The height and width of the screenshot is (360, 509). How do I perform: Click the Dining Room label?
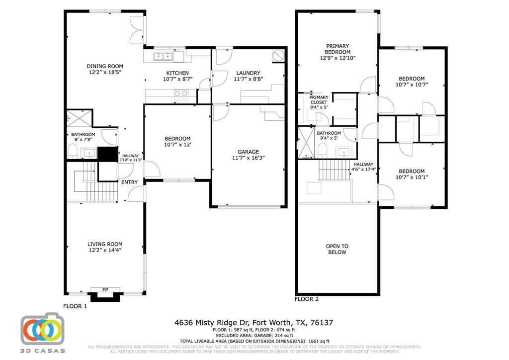(x=105, y=66)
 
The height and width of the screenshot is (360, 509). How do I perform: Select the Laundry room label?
(x=248, y=73)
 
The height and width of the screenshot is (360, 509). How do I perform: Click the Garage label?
(x=248, y=152)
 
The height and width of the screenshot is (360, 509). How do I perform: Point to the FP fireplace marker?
(x=105, y=290)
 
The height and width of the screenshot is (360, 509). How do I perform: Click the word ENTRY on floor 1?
(x=130, y=182)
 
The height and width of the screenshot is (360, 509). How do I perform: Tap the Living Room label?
(x=105, y=244)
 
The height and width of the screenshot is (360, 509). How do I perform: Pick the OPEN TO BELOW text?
(x=337, y=249)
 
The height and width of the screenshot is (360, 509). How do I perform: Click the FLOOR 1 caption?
(x=75, y=306)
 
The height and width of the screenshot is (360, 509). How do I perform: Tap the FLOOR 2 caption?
(x=307, y=299)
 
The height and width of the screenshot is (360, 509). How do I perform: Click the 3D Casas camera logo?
(x=42, y=329)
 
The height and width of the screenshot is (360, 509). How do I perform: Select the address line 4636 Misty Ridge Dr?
(x=254, y=323)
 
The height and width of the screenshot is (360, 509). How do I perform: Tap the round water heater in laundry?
(x=279, y=55)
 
